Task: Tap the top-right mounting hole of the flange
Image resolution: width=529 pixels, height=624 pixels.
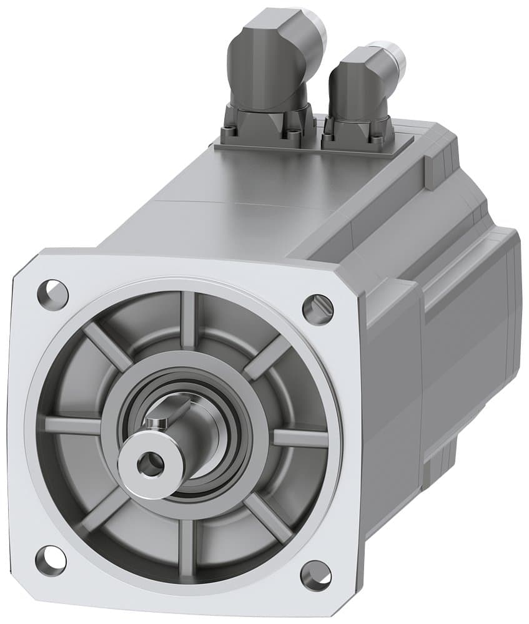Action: pos(317,309)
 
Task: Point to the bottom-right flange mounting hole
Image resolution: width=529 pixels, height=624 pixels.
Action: pos(315,575)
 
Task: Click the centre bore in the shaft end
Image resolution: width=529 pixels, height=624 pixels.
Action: pos(149,463)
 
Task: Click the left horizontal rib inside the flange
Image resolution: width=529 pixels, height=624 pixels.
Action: pos(72,426)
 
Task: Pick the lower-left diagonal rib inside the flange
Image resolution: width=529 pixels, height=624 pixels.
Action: pos(103,509)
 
